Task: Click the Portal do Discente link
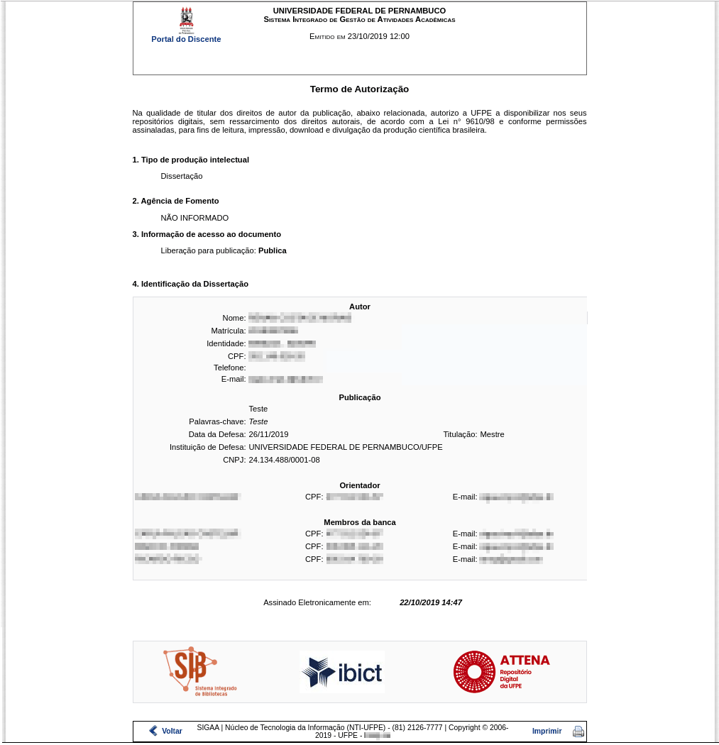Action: tap(186, 39)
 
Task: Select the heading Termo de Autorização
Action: tap(359, 89)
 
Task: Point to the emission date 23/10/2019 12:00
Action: tap(378, 36)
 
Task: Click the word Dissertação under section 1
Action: tap(182, 176)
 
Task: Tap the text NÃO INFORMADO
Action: tap(194, 218)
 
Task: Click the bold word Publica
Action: tap(273, 250)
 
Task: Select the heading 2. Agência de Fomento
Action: tap(175, 201)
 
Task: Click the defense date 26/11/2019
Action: tap(268, 434)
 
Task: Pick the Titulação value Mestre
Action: tap(492, 434)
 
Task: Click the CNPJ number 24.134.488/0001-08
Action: tap(284, 460)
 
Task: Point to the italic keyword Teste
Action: tap(258, 421)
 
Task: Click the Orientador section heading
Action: tap(359, 485)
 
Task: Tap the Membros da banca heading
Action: tap(359, 522)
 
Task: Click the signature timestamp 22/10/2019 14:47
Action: tap(431, 602)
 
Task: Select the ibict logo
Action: tap(342, 672)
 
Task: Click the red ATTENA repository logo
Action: tap(501, 671)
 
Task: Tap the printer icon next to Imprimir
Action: tap(578, 732)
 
